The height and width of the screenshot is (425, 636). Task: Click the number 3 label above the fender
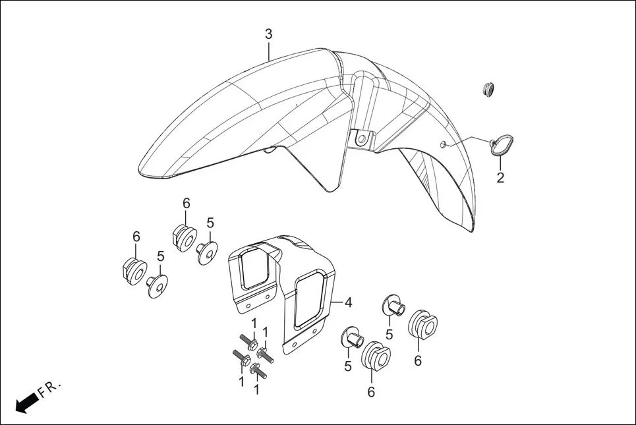[x=268, y=34]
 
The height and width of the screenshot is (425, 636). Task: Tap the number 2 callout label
[x=500, y=177]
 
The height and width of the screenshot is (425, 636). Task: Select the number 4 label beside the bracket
[x=348, y=302]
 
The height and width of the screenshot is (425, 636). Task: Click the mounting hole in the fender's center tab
[x=361, y=138]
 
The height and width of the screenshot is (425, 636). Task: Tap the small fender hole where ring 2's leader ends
[x=443, y=144]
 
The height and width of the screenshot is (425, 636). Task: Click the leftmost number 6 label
[x=136, y=236]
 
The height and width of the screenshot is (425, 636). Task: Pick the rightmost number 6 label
[x=418, y=360]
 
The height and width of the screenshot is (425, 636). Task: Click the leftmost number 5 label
[x=160, y=256]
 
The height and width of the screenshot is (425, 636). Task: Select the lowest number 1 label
[x=256, y=389]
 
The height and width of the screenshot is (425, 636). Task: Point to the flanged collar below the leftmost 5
[x=156, y=285]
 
